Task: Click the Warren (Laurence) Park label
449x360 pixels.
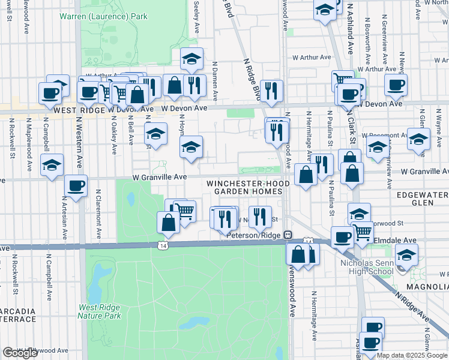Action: pyautogui.click(x=103, y=17)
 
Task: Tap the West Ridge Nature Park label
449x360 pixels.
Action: pyautogui.click(x=100, y=311)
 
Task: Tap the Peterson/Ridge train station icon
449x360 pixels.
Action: pyautogui.click(x=288, y=235)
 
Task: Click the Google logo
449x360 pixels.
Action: pyautogui.click(x=20, y=353)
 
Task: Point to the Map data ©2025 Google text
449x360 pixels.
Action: pyautogui.click(x=412, y=355)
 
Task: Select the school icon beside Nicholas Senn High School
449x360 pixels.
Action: pyautogui.click(x=406, y=256)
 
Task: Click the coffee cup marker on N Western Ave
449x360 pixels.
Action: pyautogui.click(x=76, y=186)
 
